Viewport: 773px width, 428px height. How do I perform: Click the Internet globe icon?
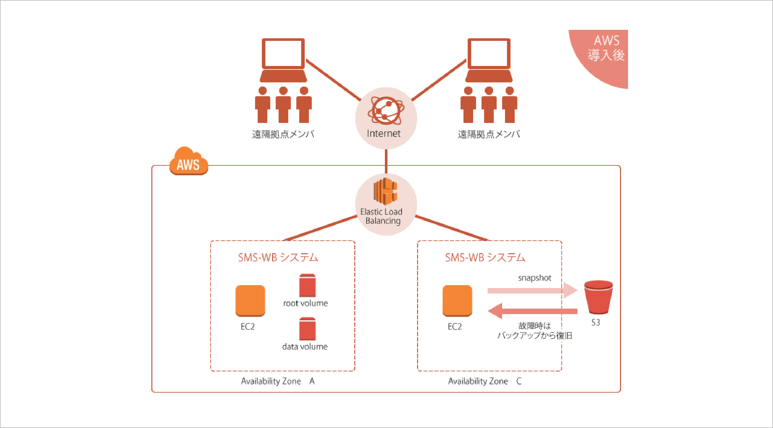(386, 110)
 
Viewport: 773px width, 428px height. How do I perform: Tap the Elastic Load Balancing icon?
(385, 191)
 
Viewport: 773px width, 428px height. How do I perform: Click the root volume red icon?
(307, 285)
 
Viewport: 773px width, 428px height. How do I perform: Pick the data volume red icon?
(307, 329)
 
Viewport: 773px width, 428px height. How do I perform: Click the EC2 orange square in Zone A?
(250, 301)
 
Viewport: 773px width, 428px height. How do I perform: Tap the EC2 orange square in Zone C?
(457, 301)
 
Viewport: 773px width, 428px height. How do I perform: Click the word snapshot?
(534, 278)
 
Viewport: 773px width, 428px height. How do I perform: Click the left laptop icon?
(283, 60)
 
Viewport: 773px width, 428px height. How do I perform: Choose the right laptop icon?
(489, 60)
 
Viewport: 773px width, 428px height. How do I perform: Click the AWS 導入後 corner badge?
(606, 51)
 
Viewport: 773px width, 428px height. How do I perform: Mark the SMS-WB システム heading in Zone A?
(278, 257)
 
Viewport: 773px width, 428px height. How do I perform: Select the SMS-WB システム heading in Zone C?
(485, 257)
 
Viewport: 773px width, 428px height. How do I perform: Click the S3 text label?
(596, 322)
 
